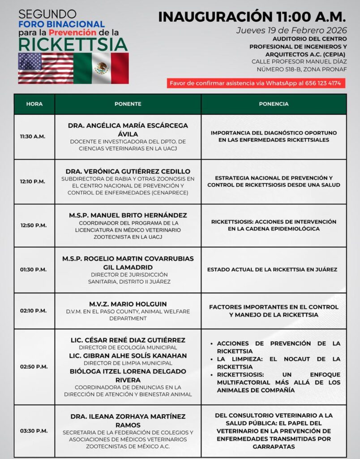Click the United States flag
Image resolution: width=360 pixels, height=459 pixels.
(x=46, y=68)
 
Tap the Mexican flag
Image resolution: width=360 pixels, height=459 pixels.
(x=101, y=68)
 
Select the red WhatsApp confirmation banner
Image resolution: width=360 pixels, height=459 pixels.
(x=255, y=83)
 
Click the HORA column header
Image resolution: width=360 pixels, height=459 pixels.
(x=34, y=104)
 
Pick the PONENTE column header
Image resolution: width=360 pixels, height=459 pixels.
(x=128, y=104)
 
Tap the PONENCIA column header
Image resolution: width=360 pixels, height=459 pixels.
(x=274, y=104)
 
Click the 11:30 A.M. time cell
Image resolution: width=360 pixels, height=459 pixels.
(x=33, y=136)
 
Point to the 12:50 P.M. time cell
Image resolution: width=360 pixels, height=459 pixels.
(x=33, y=225)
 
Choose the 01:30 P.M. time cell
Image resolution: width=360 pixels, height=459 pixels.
(x=33, y=269)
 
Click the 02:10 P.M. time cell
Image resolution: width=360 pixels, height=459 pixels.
(x=33, y=311)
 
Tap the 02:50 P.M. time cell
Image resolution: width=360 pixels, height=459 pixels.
(x=33, y=367)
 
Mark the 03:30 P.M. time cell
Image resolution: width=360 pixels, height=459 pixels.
(x=33, y=431)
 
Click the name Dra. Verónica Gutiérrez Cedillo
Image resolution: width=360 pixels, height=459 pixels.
(x=128, y=171)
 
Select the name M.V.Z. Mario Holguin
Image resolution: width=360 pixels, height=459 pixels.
(x=128, y=303)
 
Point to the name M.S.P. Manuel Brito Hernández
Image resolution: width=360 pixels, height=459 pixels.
(x=128, y=215)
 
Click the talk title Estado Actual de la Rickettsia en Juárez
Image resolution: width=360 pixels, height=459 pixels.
(x=272, y=269)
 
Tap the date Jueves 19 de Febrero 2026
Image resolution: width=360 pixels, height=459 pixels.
(x=291, y=30)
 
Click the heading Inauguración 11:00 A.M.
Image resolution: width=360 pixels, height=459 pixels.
(x=252, y=17)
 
